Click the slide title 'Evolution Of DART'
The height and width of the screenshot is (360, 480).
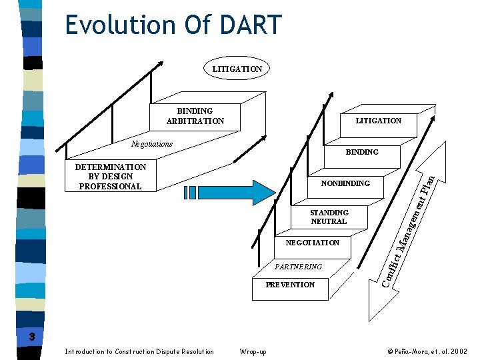coord(174,25)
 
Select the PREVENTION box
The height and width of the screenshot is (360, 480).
coord(290,285)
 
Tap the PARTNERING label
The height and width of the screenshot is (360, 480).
coord(298,267)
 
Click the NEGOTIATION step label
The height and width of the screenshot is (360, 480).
coord(312,243)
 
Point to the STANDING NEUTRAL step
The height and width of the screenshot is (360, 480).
coord(329,217)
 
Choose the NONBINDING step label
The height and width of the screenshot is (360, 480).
coord(345,183)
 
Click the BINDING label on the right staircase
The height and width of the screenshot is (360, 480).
coord(362,152)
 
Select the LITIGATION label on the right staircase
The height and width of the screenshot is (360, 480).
coord(378,121)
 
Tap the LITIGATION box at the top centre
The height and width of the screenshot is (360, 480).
coord(237,69)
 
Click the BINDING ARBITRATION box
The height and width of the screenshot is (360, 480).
coord(195,116)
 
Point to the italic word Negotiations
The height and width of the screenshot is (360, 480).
coord(152,144)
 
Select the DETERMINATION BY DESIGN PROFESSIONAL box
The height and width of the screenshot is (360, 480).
coord(111,177)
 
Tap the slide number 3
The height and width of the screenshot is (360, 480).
coord(31,337)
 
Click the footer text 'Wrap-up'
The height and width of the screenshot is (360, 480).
coord(253,351)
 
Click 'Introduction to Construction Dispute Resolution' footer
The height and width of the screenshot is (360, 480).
coord(139,351)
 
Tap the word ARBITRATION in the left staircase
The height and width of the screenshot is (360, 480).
coord(195,121)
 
